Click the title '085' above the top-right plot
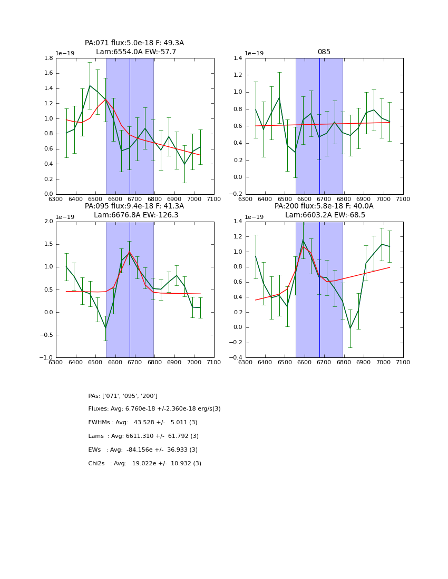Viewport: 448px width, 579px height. point(324,52)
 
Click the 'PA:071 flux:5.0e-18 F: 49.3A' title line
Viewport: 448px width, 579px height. point(134,43)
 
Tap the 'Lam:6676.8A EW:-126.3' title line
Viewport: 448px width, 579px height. point(136,215)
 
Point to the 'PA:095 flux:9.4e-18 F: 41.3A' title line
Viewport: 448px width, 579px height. point(134,206)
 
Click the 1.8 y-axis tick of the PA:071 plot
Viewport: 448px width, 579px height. point(49,58)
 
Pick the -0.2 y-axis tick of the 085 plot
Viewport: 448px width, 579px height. point(237,194)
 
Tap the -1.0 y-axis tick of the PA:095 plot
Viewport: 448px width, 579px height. point(48,358)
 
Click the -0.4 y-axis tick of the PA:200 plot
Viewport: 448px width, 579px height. point(237,358)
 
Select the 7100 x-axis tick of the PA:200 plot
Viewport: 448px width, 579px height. point(403,362)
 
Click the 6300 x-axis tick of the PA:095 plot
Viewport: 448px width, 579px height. point(56,362)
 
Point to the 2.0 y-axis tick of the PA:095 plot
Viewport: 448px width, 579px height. point(49,222)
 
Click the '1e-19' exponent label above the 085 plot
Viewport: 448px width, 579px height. point(255,53)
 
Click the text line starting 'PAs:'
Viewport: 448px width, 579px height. point(123,396)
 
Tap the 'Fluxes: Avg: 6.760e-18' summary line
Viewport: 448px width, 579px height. point(154,409)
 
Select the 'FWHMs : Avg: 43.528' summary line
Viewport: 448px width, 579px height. point(143,423)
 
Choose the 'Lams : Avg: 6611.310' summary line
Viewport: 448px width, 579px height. point(143,436)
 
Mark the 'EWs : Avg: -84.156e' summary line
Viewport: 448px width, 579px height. point(143,450)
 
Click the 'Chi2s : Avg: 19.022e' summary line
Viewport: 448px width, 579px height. point(145,464)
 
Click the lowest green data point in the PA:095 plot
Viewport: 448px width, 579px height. point(105,328)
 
